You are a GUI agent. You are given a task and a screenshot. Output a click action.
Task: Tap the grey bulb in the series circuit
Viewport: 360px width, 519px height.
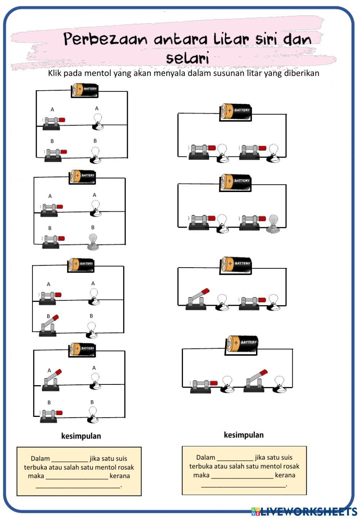[x=274, y=223]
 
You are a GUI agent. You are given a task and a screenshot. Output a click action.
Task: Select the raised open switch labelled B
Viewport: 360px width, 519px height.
[x=49, y=326]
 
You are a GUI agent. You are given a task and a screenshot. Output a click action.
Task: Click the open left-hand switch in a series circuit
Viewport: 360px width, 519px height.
[x=197, y=299]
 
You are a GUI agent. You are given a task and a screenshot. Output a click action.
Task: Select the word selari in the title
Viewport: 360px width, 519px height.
[x=187, y=58]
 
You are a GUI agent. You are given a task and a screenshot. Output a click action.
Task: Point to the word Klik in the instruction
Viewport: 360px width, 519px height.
[x=54, y=73]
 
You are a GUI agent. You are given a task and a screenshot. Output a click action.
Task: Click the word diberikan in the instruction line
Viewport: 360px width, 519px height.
[x=302, y=73]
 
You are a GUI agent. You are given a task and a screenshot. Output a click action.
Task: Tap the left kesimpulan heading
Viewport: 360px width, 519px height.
[x=81, y=436]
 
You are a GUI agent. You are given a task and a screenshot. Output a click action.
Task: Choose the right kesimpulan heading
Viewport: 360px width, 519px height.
[x=244, y=435]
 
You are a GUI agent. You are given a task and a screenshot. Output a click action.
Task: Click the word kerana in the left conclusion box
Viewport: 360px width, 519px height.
[x=120, y=476]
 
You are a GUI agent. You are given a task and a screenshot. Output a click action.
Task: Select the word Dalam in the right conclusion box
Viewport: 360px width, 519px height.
[x=206, y=457]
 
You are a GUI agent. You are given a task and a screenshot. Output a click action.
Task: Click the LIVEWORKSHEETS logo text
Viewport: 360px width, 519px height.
[x=308, y=511]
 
